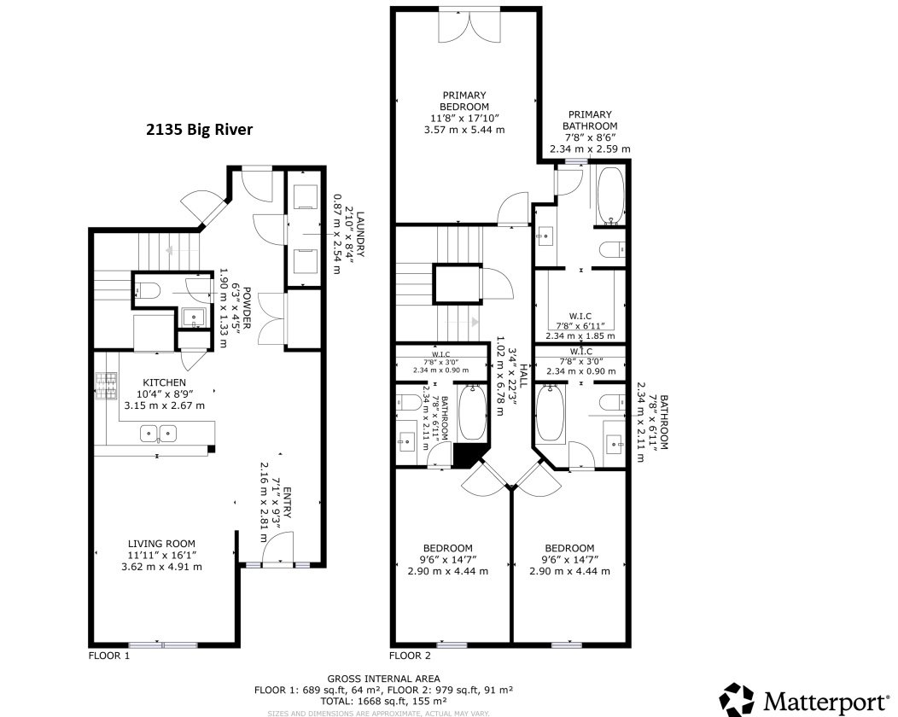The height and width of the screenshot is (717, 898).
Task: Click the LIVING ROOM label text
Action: (161, 543)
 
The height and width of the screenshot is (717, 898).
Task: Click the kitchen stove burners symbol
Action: (107, 387)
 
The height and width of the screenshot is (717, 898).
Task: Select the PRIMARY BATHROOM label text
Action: (590, 119)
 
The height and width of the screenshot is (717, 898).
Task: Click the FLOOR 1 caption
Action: (109, 656)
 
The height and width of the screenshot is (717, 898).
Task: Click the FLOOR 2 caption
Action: (410, 656)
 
